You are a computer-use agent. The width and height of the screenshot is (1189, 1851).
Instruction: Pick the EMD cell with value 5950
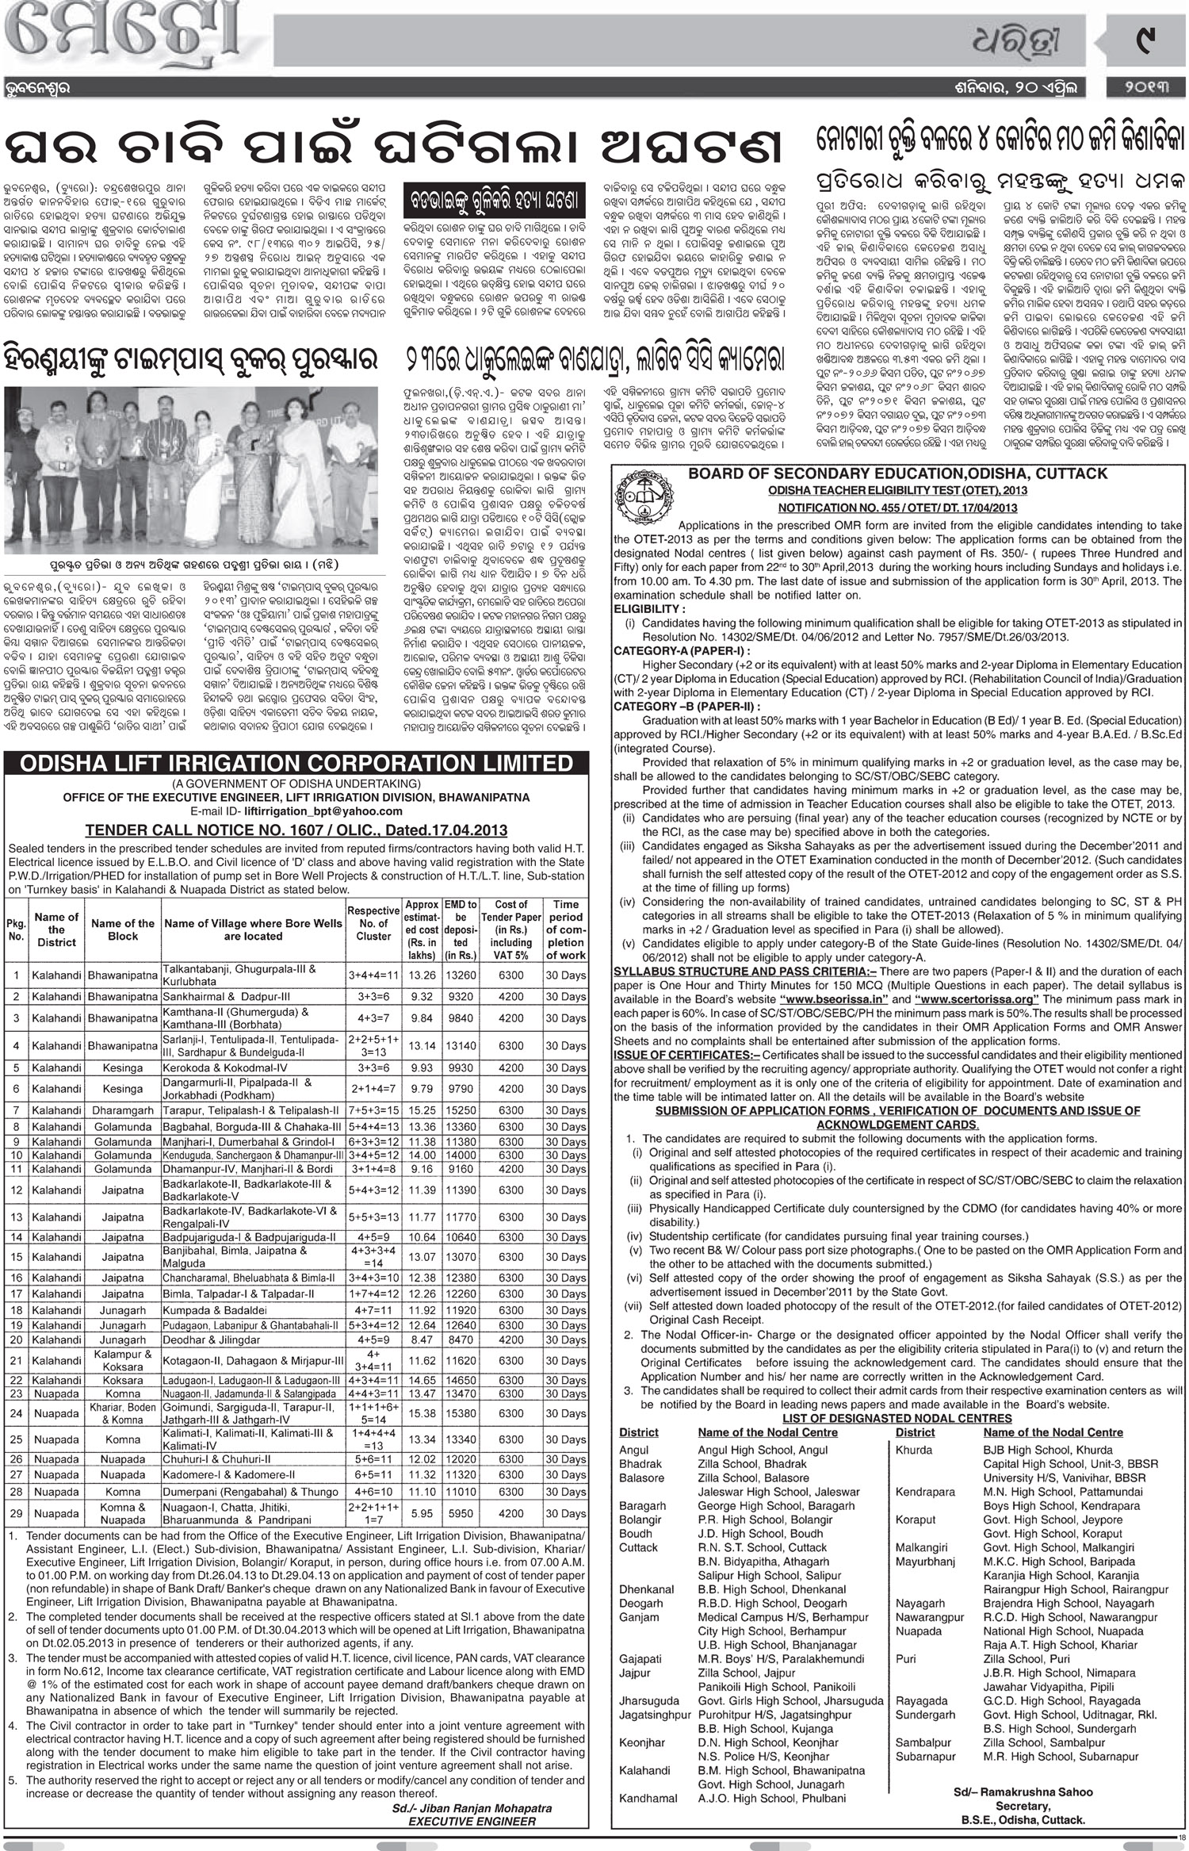461,1513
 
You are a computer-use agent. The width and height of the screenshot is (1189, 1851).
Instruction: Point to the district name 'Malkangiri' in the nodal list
922,1547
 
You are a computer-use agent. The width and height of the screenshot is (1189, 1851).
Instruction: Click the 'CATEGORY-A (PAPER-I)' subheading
680,650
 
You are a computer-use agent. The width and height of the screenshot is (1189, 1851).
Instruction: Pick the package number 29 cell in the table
17,1513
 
